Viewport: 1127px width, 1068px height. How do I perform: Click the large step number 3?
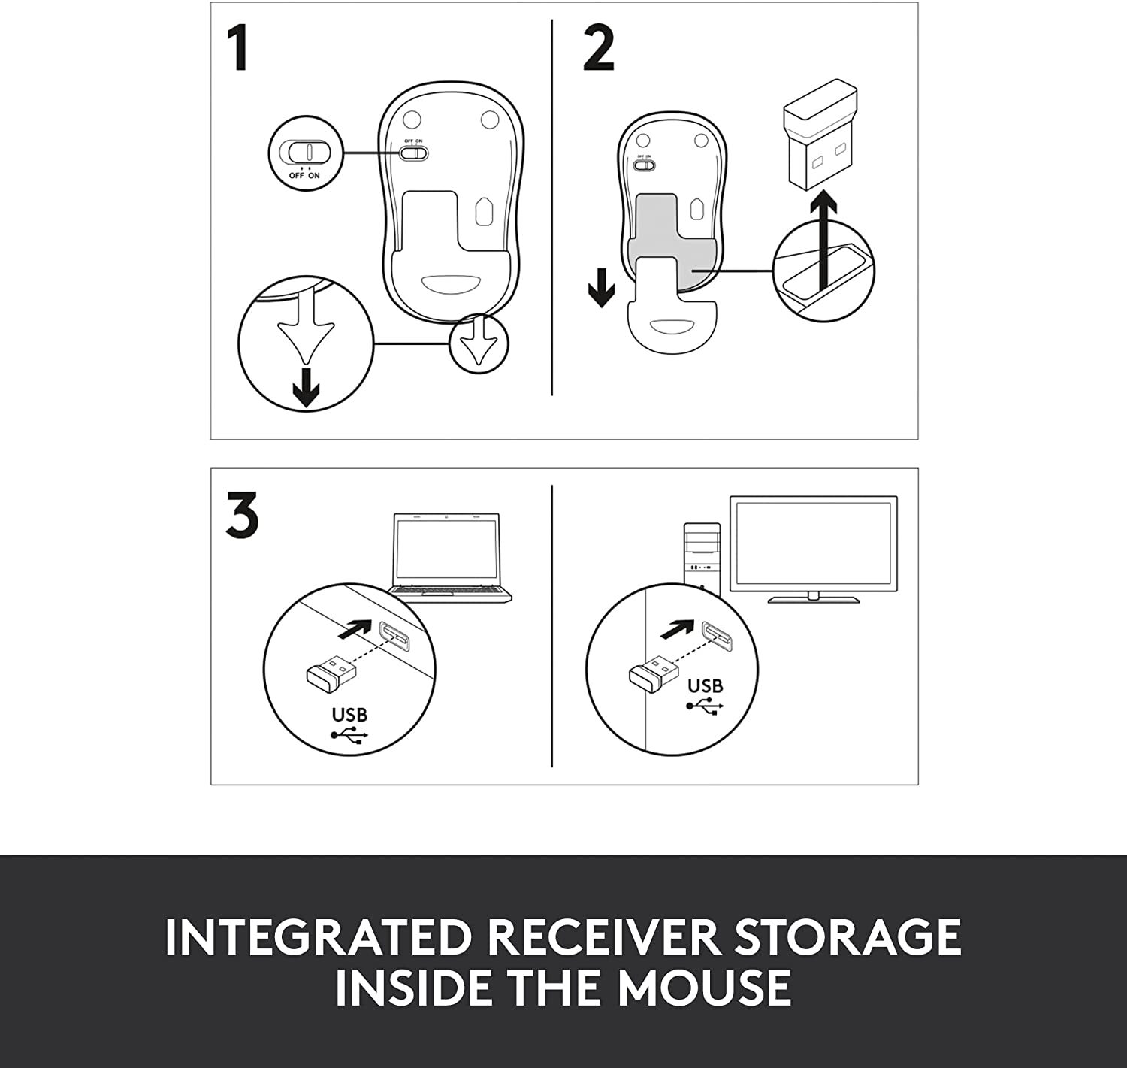pyautogui.click(x=242, y=515)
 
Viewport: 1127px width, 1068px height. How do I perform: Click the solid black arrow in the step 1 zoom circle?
pyautogui.click(x=306, y=388)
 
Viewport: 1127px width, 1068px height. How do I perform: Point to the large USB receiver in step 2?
pyautogui.click(x=820, y=138)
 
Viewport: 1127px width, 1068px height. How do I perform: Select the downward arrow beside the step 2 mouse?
pyautogui.click(x=601, y=287)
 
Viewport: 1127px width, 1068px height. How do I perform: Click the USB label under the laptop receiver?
pyautogui.click(x=349, y=715)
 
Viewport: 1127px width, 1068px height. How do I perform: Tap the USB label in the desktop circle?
pyautogui.click(x=705, y=685)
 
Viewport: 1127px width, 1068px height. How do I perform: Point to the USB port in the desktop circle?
pyautogui.click(x=718, y=637)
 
